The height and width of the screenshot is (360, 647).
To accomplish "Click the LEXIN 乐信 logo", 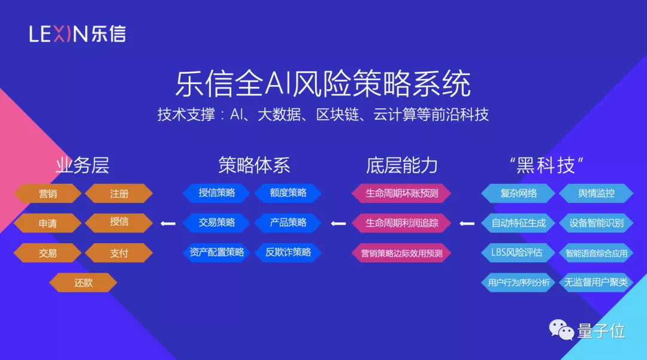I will (77, 34).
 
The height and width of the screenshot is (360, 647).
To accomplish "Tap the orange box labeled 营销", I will (48, 193).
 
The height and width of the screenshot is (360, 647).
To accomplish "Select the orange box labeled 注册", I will (119, 193).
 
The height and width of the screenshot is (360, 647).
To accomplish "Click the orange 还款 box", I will (83, 283).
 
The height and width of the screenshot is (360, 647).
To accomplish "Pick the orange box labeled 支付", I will (119, 253).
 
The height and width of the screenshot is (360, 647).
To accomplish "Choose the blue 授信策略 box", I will (216, 193).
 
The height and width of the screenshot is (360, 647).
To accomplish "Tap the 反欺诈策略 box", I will (288, 252).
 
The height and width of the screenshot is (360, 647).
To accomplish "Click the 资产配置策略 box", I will (216, 252).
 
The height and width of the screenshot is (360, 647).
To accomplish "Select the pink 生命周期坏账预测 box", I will (401, 193).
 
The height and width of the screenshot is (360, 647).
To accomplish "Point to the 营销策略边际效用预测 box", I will (401, 253).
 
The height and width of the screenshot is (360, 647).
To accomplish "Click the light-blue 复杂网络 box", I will (518, 193).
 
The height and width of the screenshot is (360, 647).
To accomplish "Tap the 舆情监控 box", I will (595, 193).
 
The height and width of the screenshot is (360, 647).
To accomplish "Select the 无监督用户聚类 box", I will (595, 282).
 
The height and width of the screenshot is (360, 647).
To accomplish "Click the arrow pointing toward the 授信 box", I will (168, 223).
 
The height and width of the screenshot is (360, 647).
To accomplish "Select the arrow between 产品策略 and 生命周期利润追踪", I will (339, 223).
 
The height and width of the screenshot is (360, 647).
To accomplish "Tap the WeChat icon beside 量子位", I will (562, 329).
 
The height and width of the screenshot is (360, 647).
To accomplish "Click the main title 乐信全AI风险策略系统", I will (323, 84).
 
